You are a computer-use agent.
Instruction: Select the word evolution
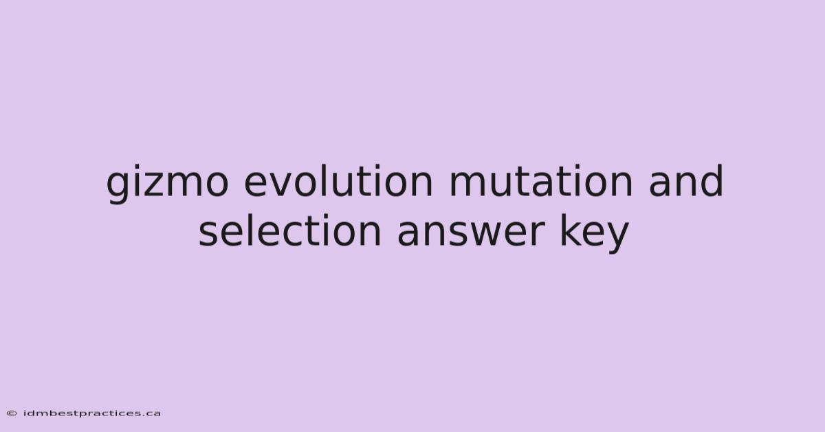pyautogui.click(x=338, y=181)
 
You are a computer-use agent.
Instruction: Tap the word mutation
pyautogui.click(x=540, y=181)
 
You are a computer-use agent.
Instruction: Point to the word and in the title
pyautogui.click(x=686, y=181)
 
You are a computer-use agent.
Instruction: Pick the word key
pyautogui.click(x=594, y=234)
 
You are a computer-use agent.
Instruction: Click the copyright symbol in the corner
pyautogui.click(x=12, y=413)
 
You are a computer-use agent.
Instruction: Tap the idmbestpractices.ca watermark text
pyautogui.click(x=92, y=413)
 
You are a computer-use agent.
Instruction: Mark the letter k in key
pyautogui.click(x=571, y=230)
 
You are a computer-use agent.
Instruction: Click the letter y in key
pyautogui.click(x=616, y=238)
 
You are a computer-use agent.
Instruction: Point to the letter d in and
pyautogui.click(x=712, y=181)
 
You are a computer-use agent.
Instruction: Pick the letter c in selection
pyautogui.click(x=288, y=235)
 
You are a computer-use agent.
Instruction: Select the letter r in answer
pyautogui.click(x=538, y=234)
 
